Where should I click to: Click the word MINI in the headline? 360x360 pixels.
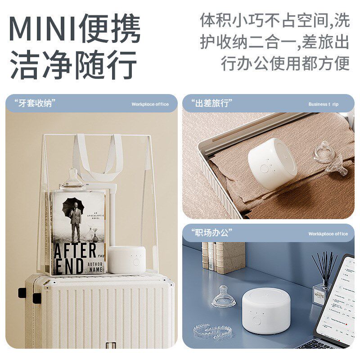point(43,29)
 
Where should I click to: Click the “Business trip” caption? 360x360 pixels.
point(323,104)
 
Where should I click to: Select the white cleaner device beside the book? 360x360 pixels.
point(127,260)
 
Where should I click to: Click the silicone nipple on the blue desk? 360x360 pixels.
point(224,297)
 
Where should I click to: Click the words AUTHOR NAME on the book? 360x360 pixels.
point(94,265)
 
